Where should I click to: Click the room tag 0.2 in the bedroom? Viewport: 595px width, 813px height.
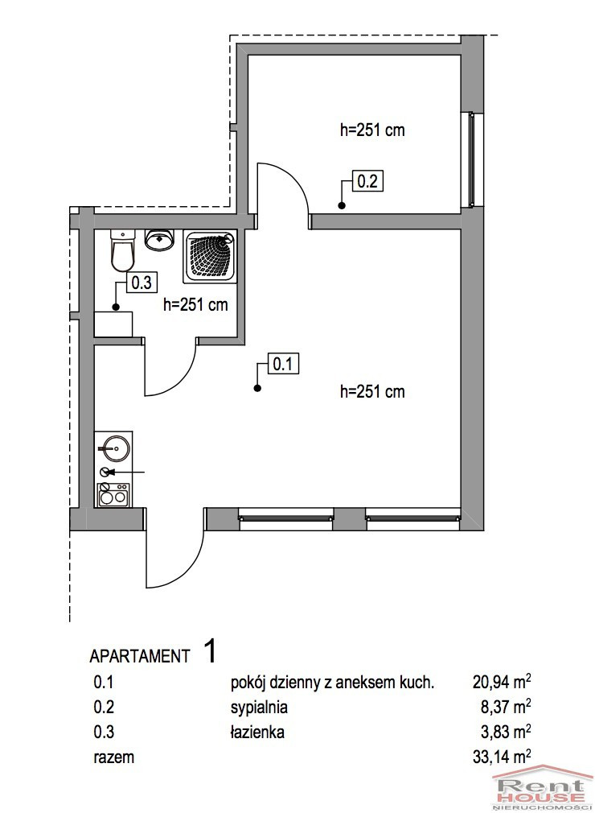[x=367, y=181]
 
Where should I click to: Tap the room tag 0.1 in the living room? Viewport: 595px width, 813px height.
[x=283, y=364]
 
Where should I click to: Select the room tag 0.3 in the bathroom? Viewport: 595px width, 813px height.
[x=142, y=283]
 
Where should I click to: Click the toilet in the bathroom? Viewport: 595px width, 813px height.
[x=123, y=250]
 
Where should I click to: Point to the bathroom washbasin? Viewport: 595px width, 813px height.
[x=159, y=240]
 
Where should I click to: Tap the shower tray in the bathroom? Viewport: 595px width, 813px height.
[x=209, y=257]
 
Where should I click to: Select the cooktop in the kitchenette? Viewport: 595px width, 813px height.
[x=113, y=495]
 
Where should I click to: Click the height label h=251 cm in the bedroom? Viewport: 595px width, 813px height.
[x=372, y=130]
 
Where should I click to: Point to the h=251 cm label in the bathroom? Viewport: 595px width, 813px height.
[x=195, y=304]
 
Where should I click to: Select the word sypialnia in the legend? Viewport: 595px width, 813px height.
[x=259, y=708]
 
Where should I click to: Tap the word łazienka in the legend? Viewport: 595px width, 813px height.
[x=257, y=732]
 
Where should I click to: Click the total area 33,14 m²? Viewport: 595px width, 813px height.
[x=502, y=757]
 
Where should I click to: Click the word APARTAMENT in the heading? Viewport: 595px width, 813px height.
[x=140, y=656]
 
